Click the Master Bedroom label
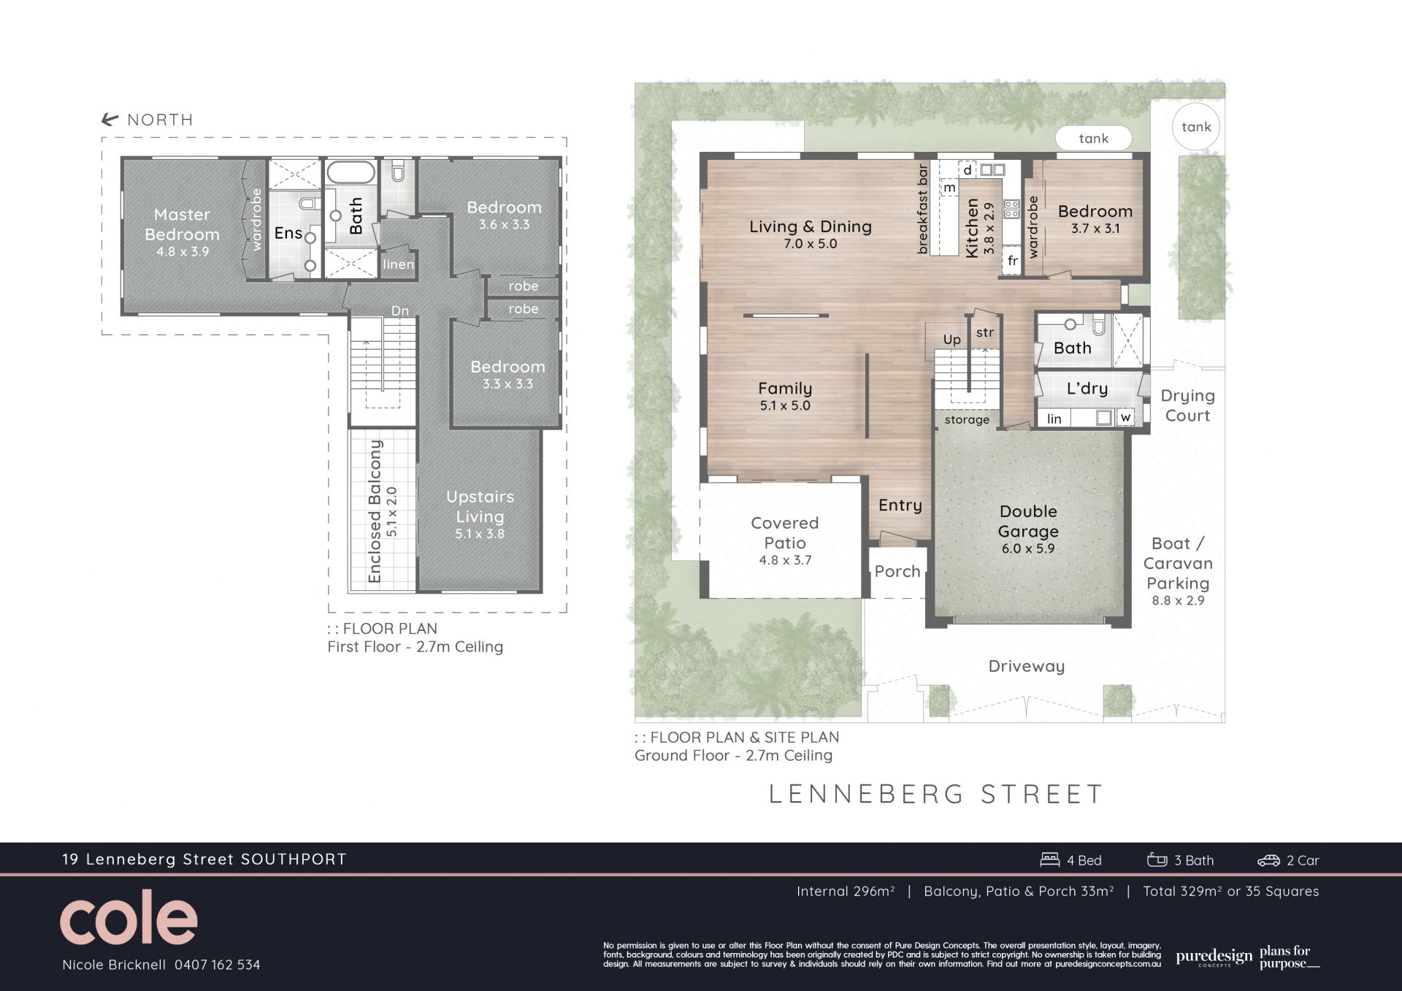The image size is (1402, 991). tap(182, 224)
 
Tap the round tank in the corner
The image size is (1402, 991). tap(1196, 127)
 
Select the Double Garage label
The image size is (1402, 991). tap(1028, 521)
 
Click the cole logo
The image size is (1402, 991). tap(129, 918)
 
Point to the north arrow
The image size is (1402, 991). tap(110, 120)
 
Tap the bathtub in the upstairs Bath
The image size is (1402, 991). tap(350, 172)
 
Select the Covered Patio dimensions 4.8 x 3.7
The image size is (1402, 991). tap(784, 561)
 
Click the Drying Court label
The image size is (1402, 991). tap(1188, 405)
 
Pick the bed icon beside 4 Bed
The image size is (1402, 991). tap(1050, 860)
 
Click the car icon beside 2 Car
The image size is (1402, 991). tap(1269, 861)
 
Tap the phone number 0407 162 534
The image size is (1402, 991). tap(217, 965)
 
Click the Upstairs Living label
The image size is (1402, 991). tap(480, 507)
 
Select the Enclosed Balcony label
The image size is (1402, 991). tap(375, 511)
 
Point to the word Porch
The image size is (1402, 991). tap(897, 571)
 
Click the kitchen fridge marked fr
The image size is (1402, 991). tap(1012, 261)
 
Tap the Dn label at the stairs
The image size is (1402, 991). tap(399, 311)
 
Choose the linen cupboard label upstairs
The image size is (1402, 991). tap(398, 264)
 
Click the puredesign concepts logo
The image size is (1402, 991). tap(1214, 957)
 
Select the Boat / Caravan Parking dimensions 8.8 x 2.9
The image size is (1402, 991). tap(1178, 601)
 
